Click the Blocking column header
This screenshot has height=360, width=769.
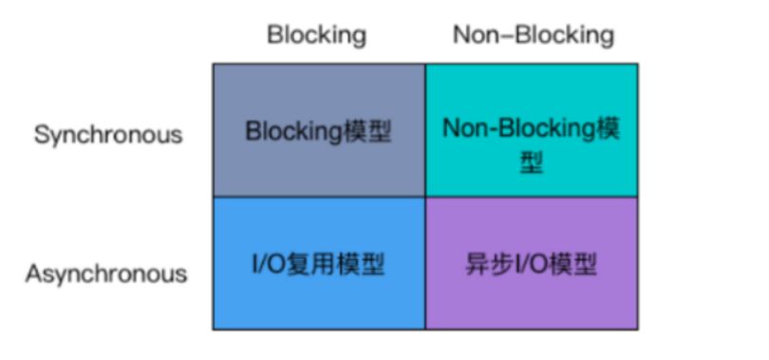316,36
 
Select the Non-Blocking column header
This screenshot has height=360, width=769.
533,36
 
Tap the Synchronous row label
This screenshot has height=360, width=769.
108,135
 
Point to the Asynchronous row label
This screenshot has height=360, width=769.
106,275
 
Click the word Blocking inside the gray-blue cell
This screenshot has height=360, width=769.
292,131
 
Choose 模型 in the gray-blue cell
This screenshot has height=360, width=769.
366,131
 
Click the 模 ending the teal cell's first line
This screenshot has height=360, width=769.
609,127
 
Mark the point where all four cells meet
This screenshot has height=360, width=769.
425,197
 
